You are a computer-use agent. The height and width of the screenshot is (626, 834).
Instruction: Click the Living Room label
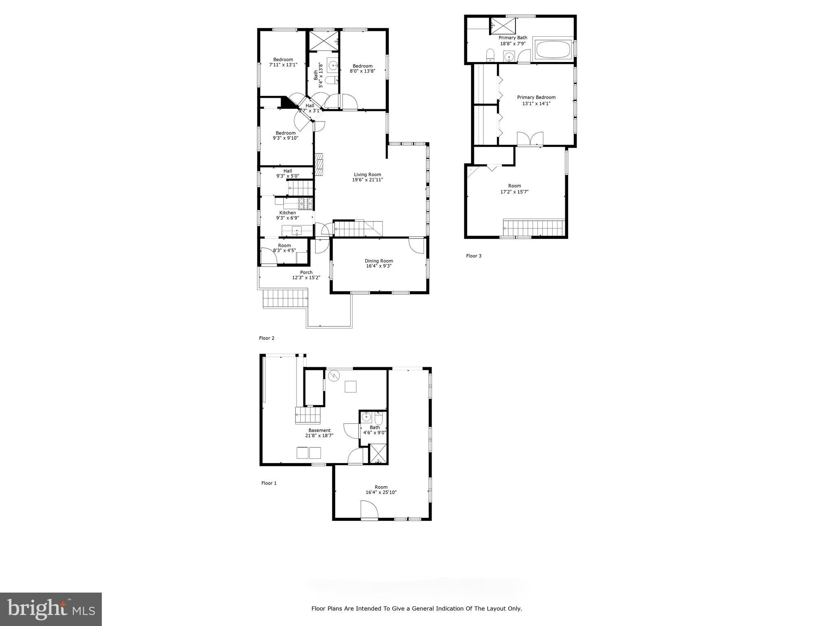point(367,174)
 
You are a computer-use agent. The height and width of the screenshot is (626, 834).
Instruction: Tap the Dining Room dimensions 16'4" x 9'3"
point(379,266)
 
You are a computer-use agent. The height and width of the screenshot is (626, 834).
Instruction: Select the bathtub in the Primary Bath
point(553,50)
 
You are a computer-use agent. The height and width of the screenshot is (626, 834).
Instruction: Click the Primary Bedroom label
point(536,97)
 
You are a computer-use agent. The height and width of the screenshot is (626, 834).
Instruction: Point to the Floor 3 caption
point(474,256)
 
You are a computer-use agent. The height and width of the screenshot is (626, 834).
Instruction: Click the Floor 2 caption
point(267,338)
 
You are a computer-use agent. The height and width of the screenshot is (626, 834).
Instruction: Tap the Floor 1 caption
point(269,483)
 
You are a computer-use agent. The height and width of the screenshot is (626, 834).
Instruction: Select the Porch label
point(306,273)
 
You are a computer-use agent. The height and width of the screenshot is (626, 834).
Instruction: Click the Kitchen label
point(288,213)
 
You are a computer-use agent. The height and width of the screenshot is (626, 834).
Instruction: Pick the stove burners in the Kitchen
point(305,201)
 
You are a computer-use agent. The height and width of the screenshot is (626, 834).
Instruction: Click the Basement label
point(319,430)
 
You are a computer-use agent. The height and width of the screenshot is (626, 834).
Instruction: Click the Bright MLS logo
point(51,609)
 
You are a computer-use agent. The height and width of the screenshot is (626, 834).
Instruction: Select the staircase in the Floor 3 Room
point(534,228)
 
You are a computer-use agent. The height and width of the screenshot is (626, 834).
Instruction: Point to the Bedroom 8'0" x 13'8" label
point(362,66)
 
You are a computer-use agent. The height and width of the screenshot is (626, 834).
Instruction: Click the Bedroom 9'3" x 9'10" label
point(285,133)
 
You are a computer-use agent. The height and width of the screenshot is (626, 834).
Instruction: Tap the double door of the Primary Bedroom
point(530,139)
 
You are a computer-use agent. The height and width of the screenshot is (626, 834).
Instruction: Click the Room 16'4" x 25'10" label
point(381,487)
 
